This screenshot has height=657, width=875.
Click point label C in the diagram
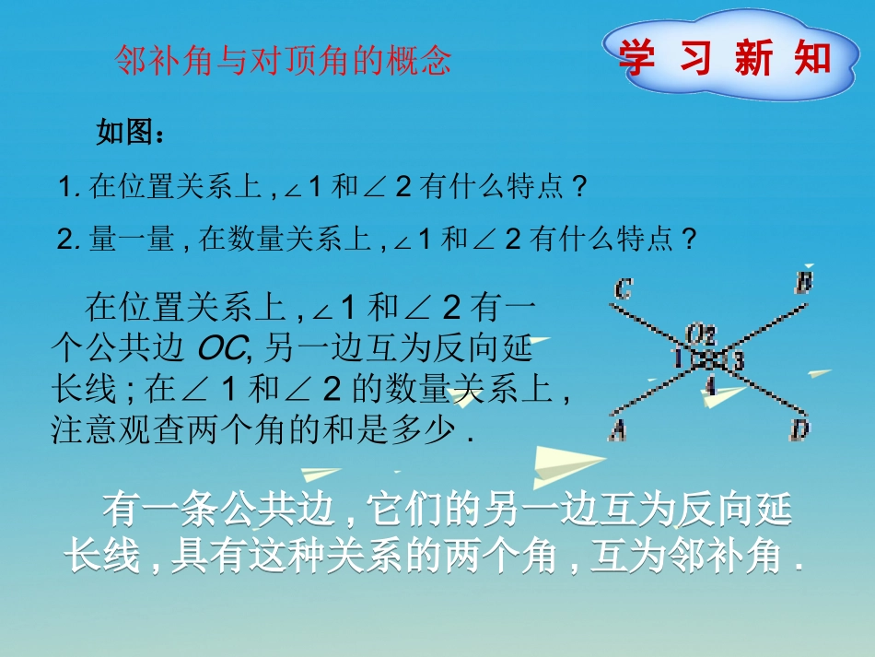pyautogui.click(x=623, y=290)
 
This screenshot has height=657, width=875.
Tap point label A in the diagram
pyautogui.click(x=617, y=428)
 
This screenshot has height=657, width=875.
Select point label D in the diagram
pyautogui.click(x=801, y=428)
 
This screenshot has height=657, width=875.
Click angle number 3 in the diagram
pyautogui.click(x=739, y=360)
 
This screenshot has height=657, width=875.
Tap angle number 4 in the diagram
pyautogui.click(x=709, y=385)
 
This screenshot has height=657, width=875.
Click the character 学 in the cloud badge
pyautogui.click(x=637, y=57)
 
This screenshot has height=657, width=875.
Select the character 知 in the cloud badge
pyautogui.click(x=811, y=57)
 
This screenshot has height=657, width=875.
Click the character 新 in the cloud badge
pyautogui.click(x=753, y=57)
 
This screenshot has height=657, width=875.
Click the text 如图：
pyautogui.click(x=131, y=134)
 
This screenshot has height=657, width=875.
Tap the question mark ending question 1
pyautogui.click(x=578, y=187)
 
